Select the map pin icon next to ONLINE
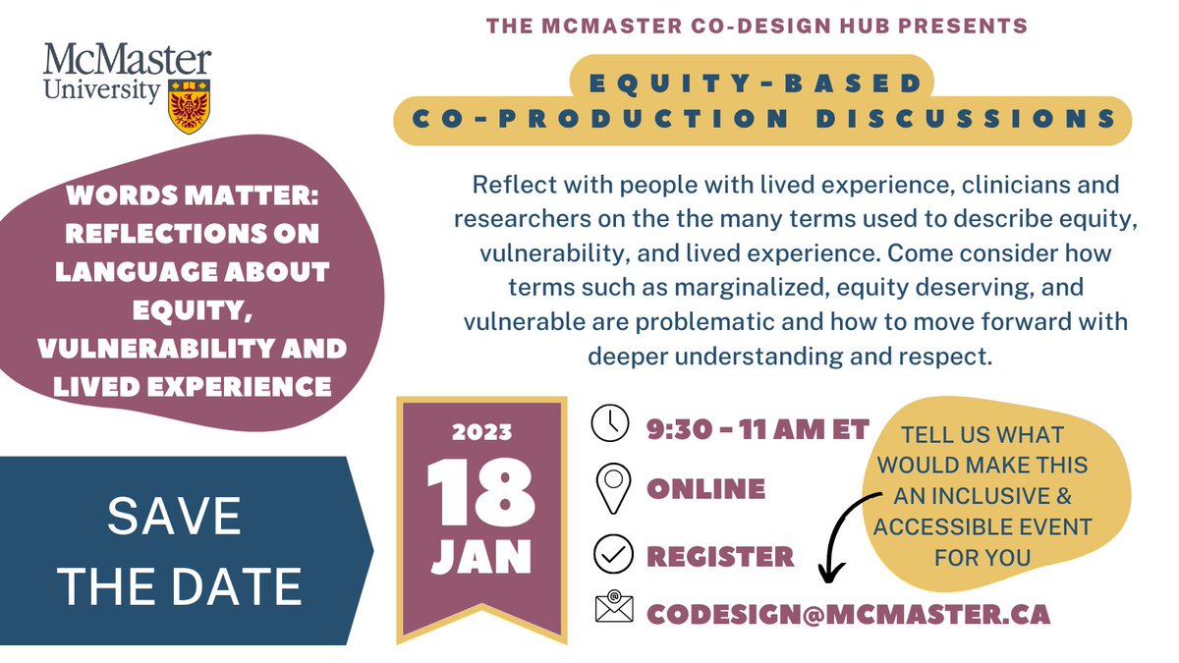[613, 486]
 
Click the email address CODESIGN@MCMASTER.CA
[848, 614]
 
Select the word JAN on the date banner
[481, 557]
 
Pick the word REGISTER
[720, 556]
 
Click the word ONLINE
[705, 488]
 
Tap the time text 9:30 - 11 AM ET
[758, 429]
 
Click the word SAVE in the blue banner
[175, 517]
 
